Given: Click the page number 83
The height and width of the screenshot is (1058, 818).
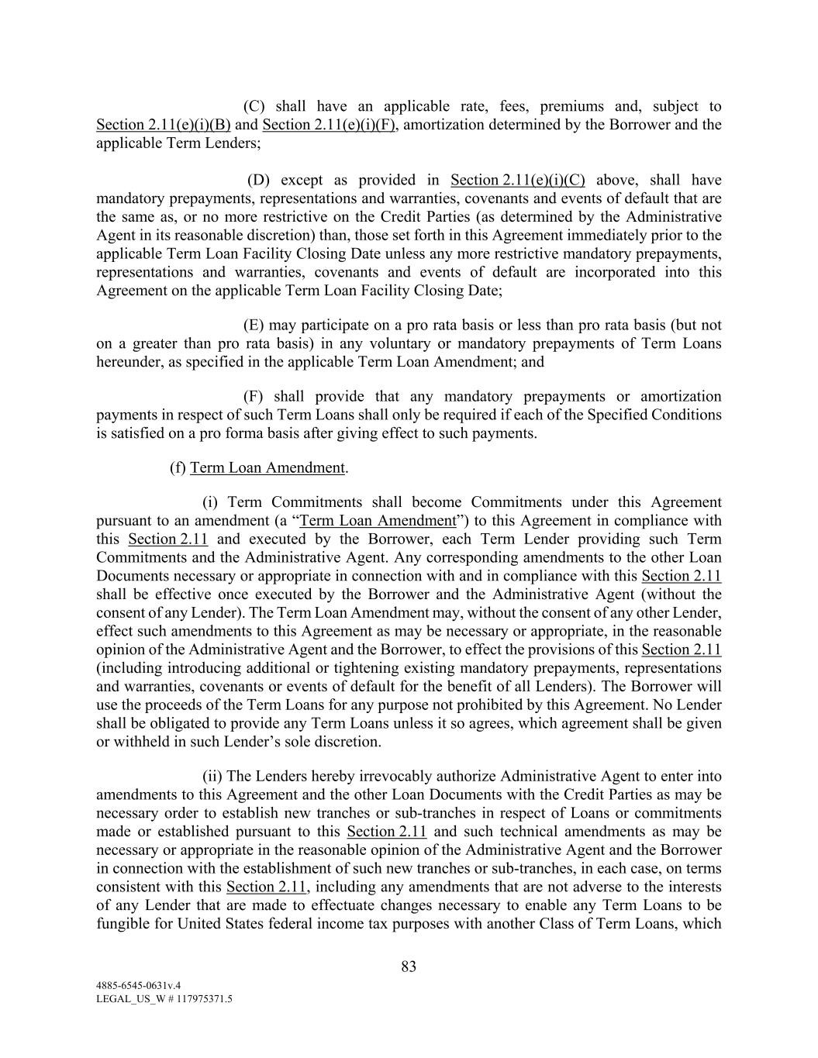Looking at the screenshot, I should click(409, 967).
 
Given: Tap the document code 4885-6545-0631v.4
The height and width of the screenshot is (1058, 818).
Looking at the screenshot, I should click(138, 985).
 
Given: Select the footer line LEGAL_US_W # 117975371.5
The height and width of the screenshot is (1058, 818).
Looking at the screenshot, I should click(164, 999).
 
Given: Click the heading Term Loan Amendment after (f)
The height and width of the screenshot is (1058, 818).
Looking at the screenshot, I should click(267, 467).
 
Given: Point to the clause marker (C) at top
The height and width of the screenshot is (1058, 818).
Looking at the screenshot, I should click(254, 106).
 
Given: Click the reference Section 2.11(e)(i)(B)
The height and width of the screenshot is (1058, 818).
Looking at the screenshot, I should click(164, 125).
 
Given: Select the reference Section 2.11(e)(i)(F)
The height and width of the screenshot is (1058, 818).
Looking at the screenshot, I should click(330, 125).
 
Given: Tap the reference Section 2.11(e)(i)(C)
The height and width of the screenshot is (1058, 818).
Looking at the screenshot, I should click(517, 180).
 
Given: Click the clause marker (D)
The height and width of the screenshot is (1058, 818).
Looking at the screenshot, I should click(258, 180).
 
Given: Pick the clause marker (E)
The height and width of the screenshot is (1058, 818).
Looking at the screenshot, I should click(254, 325).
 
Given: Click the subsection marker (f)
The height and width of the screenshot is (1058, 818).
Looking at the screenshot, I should click(178, 467).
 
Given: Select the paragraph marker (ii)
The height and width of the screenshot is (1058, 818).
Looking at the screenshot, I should click(212, 776).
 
